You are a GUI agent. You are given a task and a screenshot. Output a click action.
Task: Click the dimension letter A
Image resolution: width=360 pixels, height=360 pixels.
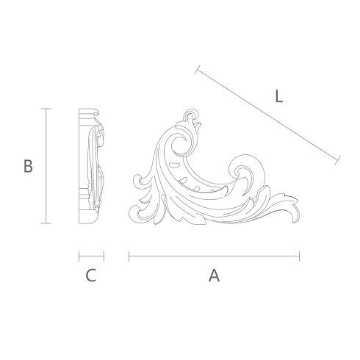tap(214, 276)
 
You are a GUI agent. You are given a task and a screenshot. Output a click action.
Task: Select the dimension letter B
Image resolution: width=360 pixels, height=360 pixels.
tap(28, 166)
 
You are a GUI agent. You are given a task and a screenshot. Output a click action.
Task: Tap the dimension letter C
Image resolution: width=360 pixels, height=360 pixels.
tap(90, 276)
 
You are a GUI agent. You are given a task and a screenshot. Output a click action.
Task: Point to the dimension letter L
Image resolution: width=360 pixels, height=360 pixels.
tap(279, 96)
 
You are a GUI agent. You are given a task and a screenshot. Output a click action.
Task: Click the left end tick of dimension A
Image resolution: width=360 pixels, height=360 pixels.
tap(129, 256)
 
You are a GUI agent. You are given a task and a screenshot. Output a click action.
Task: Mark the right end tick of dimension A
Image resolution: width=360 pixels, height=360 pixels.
tap(299, 256)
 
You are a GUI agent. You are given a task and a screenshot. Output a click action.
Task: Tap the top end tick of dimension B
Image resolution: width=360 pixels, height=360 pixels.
tap(46, 109)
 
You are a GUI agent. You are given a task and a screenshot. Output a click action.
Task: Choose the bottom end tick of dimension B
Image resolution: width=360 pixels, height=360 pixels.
tap(46, 223)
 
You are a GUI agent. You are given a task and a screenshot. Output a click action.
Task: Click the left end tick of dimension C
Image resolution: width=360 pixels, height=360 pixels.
tap(79, 256)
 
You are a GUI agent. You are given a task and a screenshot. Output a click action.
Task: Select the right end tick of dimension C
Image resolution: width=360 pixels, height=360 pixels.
tap(104, 256)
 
